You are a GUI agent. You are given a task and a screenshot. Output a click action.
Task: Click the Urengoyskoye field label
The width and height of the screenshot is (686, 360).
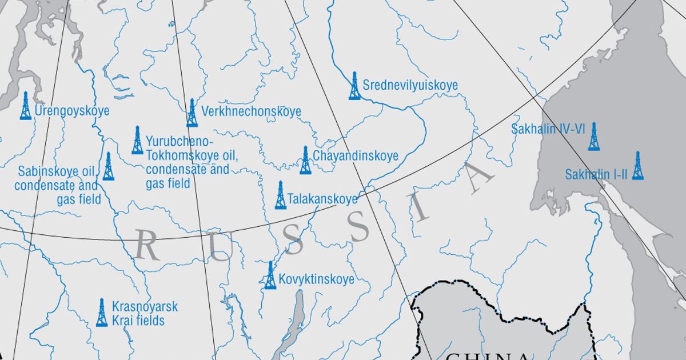point(72,111)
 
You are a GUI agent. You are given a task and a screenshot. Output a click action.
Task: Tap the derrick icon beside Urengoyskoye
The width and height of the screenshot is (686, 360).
point(25,106)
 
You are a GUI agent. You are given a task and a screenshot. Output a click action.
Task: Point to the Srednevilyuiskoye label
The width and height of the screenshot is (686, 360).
point(410,86)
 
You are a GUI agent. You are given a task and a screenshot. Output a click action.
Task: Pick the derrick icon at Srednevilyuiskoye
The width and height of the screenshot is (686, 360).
point(354,86)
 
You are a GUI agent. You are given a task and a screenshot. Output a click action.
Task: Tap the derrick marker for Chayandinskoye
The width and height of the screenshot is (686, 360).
point(305,160)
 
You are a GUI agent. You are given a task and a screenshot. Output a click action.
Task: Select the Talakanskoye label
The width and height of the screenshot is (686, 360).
point(323,199)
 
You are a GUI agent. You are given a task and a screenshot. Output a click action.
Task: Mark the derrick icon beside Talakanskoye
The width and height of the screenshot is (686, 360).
point(280,195)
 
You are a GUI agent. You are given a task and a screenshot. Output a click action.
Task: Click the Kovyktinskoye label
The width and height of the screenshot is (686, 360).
point(317,279)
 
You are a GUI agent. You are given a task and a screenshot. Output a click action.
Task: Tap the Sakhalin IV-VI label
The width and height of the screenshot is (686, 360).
point(548,129)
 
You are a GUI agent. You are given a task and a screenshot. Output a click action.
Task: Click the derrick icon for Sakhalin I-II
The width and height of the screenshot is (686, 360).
point(637,166)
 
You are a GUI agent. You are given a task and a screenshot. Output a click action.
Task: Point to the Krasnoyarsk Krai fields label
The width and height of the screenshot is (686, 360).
point(145,314)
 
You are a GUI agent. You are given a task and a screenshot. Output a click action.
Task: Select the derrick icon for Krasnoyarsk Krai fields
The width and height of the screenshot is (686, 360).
point(102,313)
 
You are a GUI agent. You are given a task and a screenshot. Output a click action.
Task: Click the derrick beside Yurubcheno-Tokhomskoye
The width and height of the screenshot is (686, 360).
point(137,141)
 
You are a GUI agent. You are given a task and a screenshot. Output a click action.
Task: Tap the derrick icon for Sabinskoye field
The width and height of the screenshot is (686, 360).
point(108,167)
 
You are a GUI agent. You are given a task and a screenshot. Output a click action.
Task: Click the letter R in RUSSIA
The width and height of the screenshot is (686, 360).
point(147,247)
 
